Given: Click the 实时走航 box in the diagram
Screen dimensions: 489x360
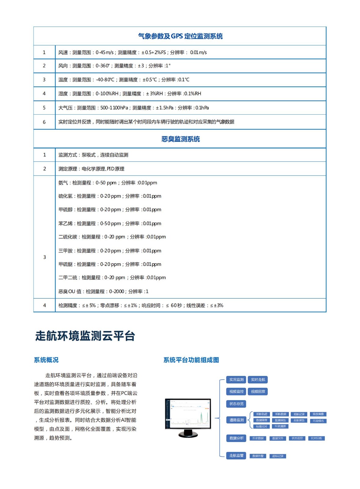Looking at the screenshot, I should [258, 380].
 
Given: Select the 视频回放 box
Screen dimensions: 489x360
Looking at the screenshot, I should [258, 392].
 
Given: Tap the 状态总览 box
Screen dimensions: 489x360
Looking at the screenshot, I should [236, 404].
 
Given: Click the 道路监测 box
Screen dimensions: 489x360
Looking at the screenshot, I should [236, 420].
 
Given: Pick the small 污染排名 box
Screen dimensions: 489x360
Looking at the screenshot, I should [318, 421].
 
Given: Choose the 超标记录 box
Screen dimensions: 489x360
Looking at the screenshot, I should [278, 456].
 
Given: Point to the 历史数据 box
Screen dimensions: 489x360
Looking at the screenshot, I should [258, 438].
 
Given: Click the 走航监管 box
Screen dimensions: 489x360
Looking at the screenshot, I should [236, 455].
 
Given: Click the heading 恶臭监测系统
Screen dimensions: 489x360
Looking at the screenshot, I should [180, 139].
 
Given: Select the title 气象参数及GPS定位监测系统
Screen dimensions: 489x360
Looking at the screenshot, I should [180, 36].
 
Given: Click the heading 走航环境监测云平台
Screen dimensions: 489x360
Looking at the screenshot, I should [85, 336].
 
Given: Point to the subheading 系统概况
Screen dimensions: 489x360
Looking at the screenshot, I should [46, 360].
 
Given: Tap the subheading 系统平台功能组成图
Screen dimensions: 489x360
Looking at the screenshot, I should [191, 360].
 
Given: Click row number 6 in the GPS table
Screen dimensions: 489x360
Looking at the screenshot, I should [44, 122].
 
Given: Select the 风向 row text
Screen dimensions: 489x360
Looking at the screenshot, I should [114, 66].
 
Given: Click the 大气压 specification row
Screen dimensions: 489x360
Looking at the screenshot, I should [133, 108].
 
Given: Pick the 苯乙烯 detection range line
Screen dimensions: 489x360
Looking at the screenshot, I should [110, 223].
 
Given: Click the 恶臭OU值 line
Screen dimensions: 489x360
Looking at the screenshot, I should [103, 291].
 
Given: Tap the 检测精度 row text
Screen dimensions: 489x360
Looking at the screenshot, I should [141, 305].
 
